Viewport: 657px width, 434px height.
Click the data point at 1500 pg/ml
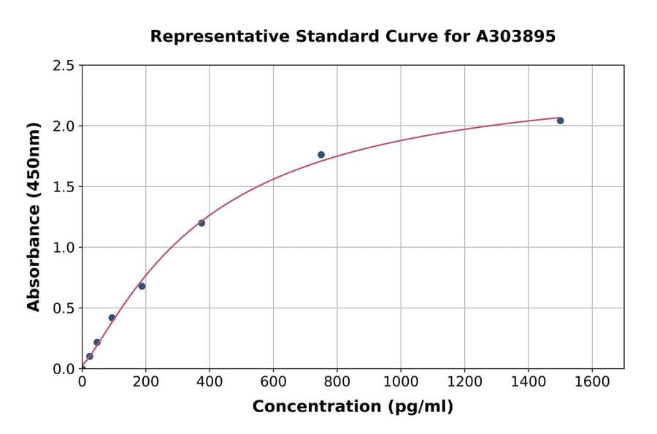pyautogui.click(x=560, y=121)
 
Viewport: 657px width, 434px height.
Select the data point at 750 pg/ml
pyautogui.click(x=321, y=155)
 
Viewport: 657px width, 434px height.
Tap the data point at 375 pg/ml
pyautogui.click(x=201, y=223)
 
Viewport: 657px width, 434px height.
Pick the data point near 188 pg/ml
pyautogui.click(x=142, y=286)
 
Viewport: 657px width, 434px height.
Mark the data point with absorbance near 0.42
pyautogui.click(x=112, y=318)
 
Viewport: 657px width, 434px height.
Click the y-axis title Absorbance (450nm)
pyautogui.click(x=34, y=216)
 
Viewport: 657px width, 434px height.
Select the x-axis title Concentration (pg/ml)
pyautogui.click(x=353, y=407)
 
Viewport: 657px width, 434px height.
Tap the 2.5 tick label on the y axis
pyautogui.click(x=64, y=66)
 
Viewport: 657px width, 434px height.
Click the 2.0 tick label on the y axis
pyautogui.click(x=64, y=126)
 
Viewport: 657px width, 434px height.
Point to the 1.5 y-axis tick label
pyautogui.click(x=64, y=187)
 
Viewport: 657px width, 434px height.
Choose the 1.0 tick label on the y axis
pyautogui.click(x=64, y=248)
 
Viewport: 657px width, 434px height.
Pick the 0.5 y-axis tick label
pyautogui.click(x=64, y=308)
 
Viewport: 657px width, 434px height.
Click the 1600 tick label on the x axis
pyautogui.click(x=592, y=381)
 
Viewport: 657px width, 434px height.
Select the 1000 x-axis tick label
pyautogui.click(x=401, y=381)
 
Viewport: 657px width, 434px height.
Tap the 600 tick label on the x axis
pyautogui.click(x=273, y=381)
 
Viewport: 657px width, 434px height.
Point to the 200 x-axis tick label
pyautogui.click(x=145, y=381)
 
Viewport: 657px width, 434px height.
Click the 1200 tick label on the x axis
pyautogui.click(x=464, y=381)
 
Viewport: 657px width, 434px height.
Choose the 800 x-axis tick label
pyautogui.click(x=337, y=381)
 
